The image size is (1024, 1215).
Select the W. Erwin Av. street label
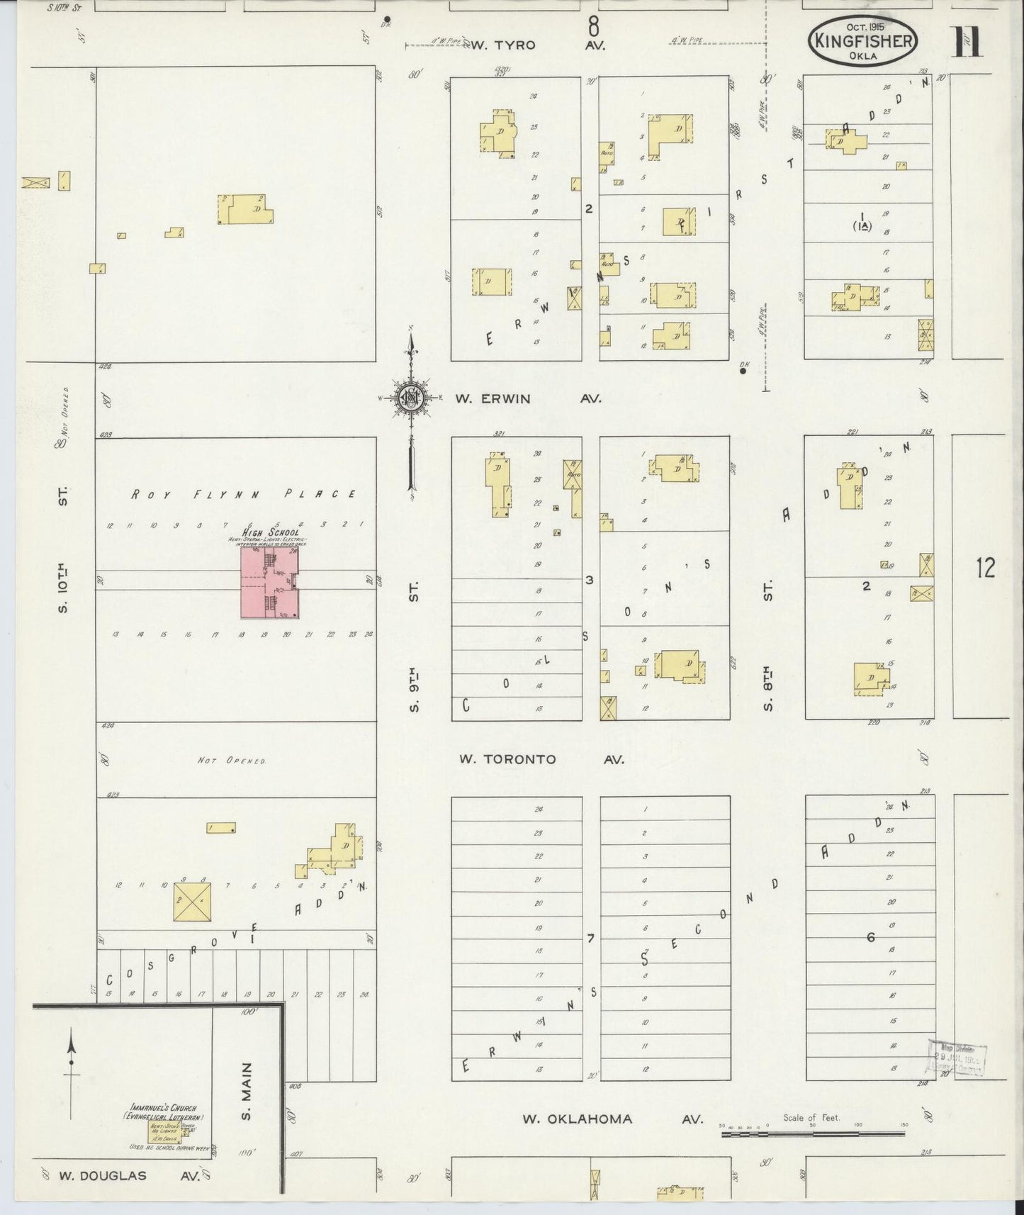528,398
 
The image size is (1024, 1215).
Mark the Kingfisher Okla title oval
863,41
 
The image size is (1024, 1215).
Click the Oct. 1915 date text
863,26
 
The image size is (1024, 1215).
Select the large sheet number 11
967,41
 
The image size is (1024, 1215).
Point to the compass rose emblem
410,398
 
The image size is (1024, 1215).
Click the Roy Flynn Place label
243,494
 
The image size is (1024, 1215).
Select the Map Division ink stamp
957,1059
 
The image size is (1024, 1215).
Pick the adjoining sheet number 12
985,569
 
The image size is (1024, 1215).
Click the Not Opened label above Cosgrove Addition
231,761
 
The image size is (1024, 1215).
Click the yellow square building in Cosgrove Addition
192,902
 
